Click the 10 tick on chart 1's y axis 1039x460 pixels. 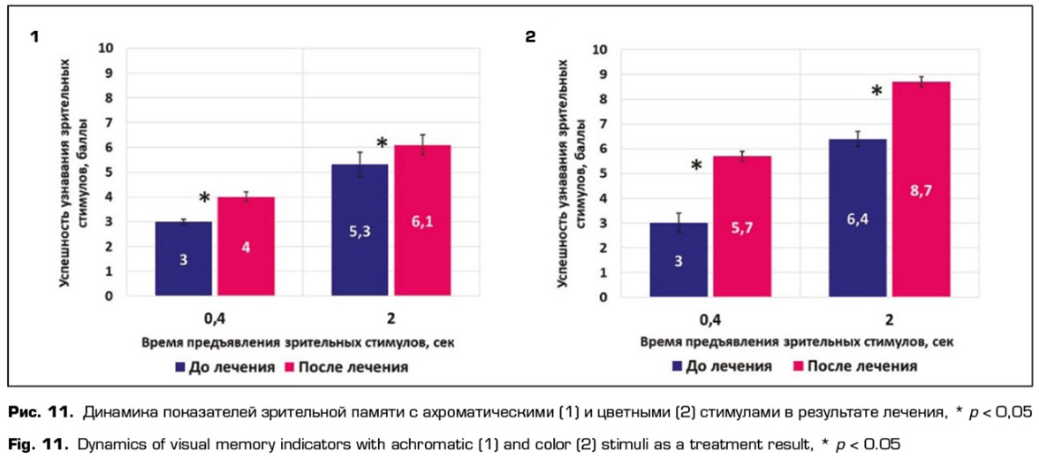(108, 48)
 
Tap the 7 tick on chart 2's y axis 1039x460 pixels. (604, 123)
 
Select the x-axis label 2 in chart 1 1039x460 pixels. (391, 316)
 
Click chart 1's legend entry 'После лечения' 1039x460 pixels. (350, 366)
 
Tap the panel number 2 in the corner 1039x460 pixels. (531, 38)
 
